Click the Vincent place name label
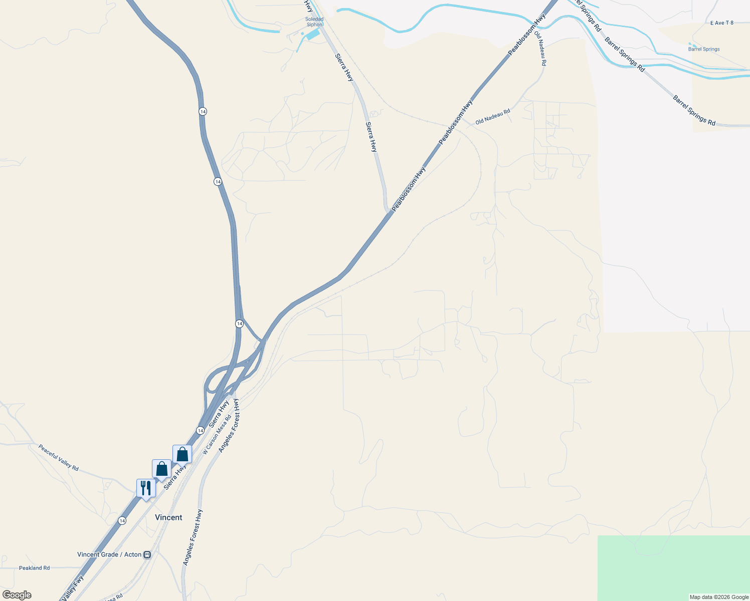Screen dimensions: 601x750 (168, 517)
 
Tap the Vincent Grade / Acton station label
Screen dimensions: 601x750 (109, 554)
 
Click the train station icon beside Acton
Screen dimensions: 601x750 (147, 554)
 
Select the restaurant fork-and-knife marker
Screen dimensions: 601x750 (146, 488)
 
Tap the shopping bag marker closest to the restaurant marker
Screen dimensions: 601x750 (161, 469)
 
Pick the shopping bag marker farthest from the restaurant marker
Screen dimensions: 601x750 (182, 454)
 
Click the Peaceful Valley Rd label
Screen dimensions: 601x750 (59, 457)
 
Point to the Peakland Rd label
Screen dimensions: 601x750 (34, 568)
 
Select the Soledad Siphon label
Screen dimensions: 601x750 (314, 22)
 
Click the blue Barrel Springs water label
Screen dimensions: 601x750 (704, 49)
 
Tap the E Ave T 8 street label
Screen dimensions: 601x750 (721, 23)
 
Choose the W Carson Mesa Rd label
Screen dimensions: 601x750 (217, 434)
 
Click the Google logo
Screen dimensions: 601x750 (17, 595)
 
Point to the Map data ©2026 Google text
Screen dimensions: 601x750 (719, 597)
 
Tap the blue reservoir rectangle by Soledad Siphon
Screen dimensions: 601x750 (312, 35)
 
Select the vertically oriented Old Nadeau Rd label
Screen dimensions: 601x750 (540, 49)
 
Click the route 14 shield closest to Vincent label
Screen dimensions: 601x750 (122, 521)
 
